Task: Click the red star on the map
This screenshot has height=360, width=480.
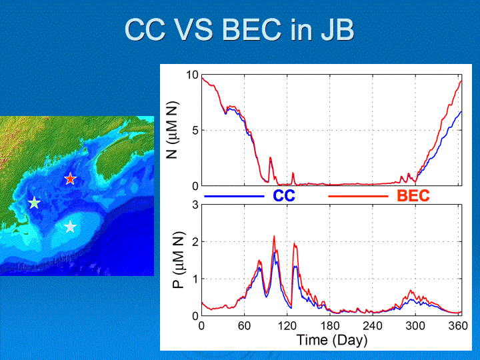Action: (x=70, y=179)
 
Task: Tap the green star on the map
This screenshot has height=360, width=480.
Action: (x=34, y=203)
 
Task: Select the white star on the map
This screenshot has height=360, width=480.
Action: (x=71, y=227)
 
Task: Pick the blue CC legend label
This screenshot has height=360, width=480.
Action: (x=284, y=195)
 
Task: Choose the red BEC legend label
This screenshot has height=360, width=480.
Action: (x=413, y=195)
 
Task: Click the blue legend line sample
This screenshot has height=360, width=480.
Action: (x=234, y=196)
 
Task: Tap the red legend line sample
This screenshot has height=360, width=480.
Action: (x=358, y=196)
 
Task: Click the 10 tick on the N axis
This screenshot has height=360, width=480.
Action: (x=192, y=75)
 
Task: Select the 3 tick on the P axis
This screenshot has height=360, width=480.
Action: (x=195, y=205)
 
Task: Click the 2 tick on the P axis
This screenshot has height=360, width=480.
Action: (x=195, y=242)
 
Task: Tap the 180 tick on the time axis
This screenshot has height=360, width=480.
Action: (x=330, y=326)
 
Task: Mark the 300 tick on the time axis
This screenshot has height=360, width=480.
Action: (x=415, y=326)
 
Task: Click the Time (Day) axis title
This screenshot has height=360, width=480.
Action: (x=332, y=341)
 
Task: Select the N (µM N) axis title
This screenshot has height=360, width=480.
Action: (x=172, y=130)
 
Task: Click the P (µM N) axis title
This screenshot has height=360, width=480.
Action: (x=178, y=260)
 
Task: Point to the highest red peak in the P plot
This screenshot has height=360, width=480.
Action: (x=274, y=236)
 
